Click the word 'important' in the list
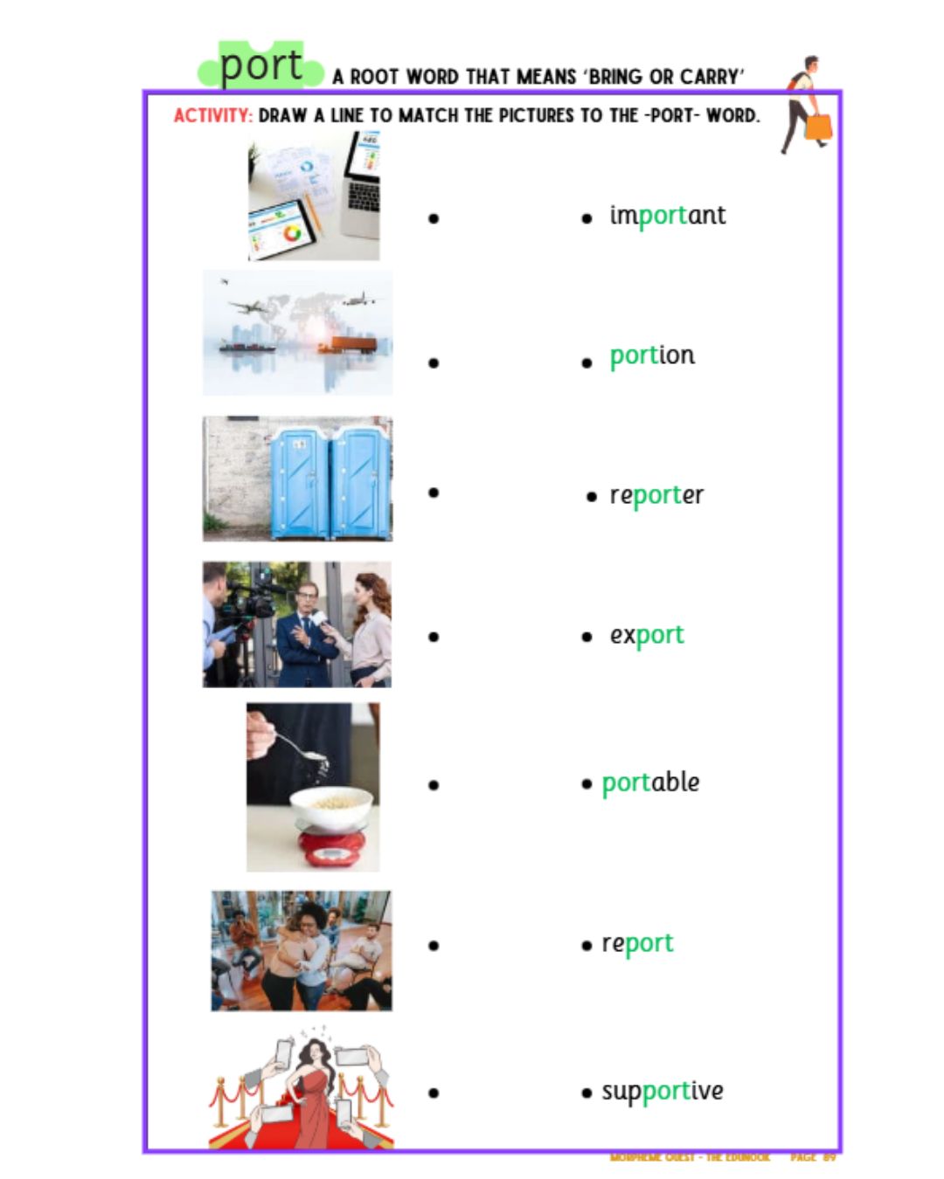(x=667, y=216)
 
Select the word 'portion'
(x=652, y=355)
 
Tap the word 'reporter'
(x=656, y=495)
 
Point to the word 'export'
(x=647, y=635)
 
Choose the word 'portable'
(x=650, y=783)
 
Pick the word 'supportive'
(x=662, y=1091)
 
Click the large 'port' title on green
(x=260, y=66)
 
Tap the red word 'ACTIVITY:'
(x=212, y=115)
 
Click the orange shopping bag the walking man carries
(x=818, y=128)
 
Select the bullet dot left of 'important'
(x=587, y=218)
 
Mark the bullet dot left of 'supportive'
(x=587, y=1093)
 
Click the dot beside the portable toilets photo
(x=434, y=493)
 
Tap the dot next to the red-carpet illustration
(x=434, y=1093)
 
